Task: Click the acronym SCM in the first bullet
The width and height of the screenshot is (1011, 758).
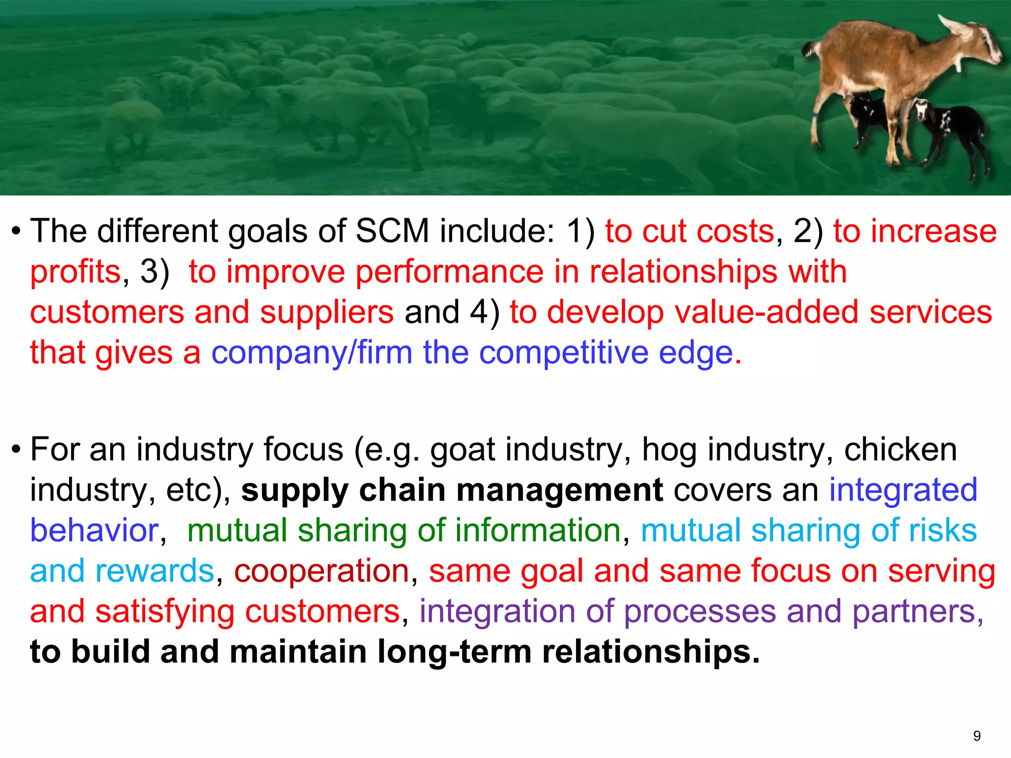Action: pyautogui.click(x=392, y=231)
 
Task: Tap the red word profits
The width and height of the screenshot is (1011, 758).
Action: pyautogui.click(x=76, y=272)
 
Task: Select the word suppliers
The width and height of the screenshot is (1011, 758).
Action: pyautogui.click(x=327, y=313)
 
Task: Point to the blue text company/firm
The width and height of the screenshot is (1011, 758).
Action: pyautogui.click(x=311, y=353)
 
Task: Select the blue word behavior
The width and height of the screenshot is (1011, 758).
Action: pyautogui.click(x=94, y=531)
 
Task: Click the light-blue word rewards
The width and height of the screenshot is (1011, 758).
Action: pyautogui.click(x=155, y=571)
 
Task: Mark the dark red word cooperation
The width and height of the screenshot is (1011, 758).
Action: pyautogui.click(x=321, y=571)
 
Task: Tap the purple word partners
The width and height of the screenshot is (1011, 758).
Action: pyautogui.click(x=918, y=611)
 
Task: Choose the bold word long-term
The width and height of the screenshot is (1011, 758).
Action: pyautogui.click(x=454, y=652)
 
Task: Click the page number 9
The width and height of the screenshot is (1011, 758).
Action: pyautogui.click(x=977, y=736)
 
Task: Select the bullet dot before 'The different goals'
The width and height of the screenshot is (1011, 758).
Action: pyautogui.click(x=16, y=231)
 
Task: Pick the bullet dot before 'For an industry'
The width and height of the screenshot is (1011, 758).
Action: pyautogui.click(x=16, y=450)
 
